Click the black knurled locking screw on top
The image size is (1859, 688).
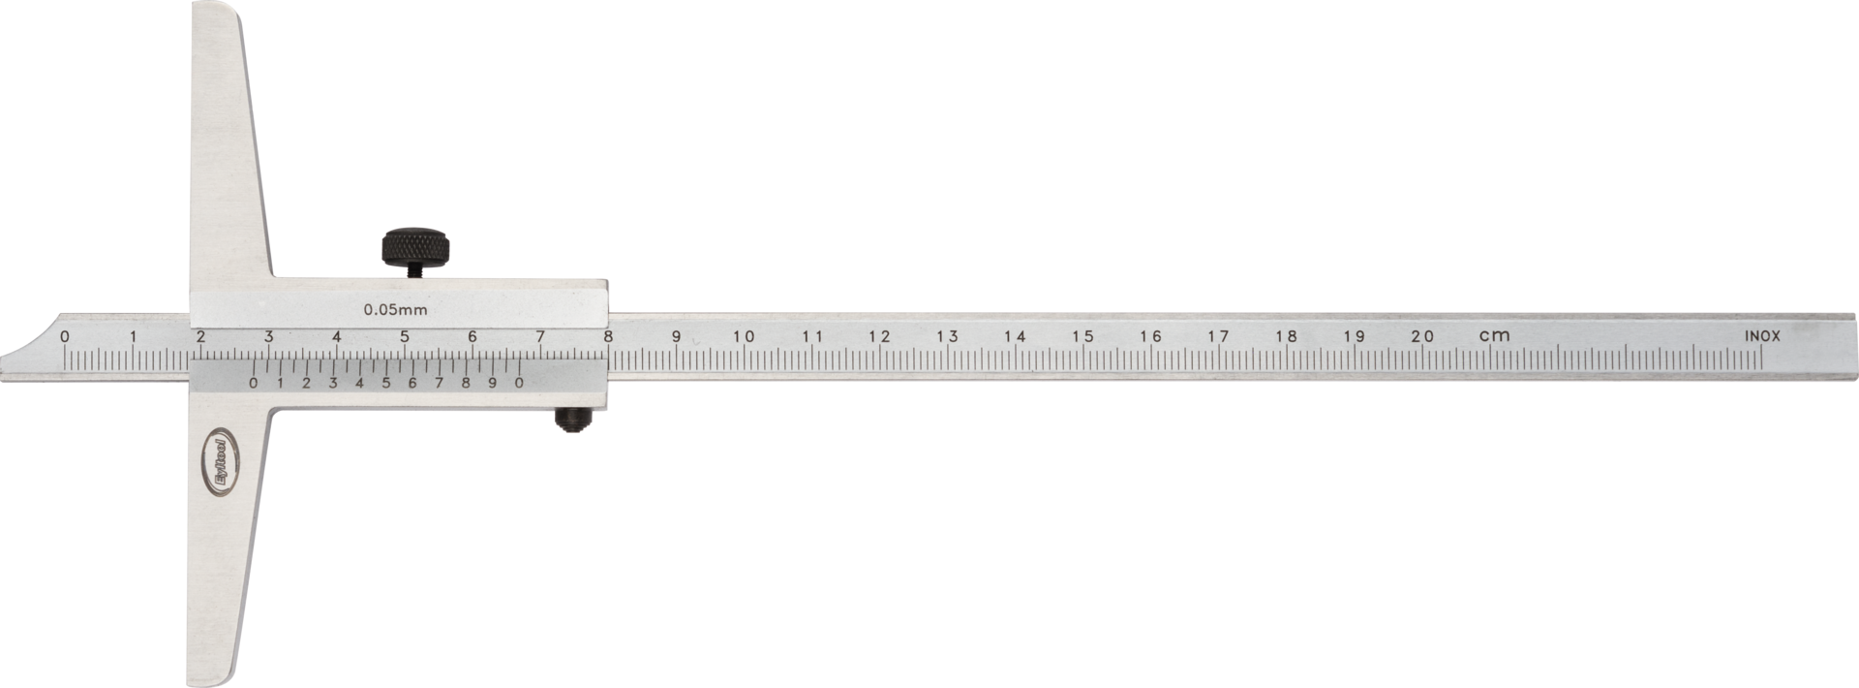(415, 247)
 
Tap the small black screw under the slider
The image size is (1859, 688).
(572, 419)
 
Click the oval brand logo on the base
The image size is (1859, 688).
(221, 461)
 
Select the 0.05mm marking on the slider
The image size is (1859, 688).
(395, 310)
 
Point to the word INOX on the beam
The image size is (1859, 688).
(1762, 336)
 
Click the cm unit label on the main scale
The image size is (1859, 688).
(1494, 335)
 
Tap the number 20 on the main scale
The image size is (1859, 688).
(1421, 336)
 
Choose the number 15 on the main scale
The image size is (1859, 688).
(1082, 336)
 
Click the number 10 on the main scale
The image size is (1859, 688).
(743, 336)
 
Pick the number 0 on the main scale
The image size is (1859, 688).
(64, 336)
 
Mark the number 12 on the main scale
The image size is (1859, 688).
(879, 336)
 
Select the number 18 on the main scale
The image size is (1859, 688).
(1286, 336)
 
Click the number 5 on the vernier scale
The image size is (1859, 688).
(385, 383)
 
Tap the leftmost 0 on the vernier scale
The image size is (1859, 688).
(253, 383)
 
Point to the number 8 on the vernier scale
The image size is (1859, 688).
(466, 383)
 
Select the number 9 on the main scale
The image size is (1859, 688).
(676, 336)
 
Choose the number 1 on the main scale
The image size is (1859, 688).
(133, 336)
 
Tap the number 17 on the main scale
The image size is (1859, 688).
(1218, 336)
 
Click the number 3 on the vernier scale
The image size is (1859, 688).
(332, 383)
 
